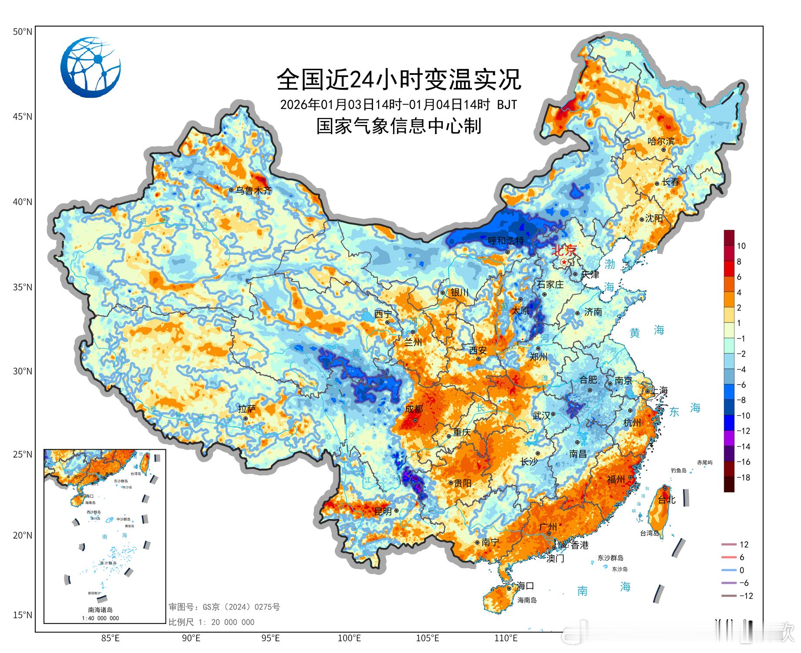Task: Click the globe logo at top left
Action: [91, 67]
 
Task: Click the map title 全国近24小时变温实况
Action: [399, 79]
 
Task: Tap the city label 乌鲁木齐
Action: [253, 190]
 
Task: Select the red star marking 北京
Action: [564, 262]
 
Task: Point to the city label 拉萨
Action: [247, 409]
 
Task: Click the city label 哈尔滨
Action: [661, 141]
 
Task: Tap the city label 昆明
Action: [383, 512]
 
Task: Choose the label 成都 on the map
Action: [414, 409]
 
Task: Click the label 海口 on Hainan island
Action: [525, 586]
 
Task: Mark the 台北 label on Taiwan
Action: [666, 500]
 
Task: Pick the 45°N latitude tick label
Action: [22, 117]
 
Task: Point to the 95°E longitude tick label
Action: [270, 638]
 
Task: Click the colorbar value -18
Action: [744, 478]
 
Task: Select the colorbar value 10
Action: [741, 246]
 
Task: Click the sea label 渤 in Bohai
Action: [609, 264]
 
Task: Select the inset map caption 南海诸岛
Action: [100, 610]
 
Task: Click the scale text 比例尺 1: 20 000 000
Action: [212, 622]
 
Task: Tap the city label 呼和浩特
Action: [505, 240]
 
